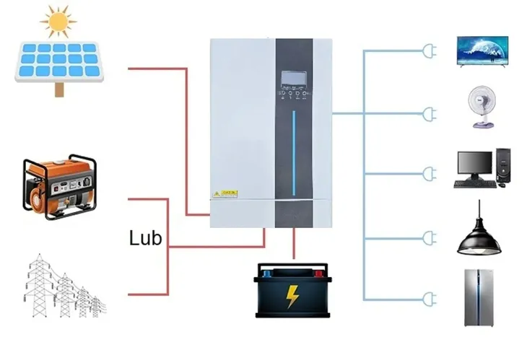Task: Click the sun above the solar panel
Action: click(x=58, y=21)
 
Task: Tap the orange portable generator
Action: click(x=59, y=185)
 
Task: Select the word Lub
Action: click(x=145, y=238)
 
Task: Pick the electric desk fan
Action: click(x=482, y=107)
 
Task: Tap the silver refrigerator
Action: click(x=479, y=297)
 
